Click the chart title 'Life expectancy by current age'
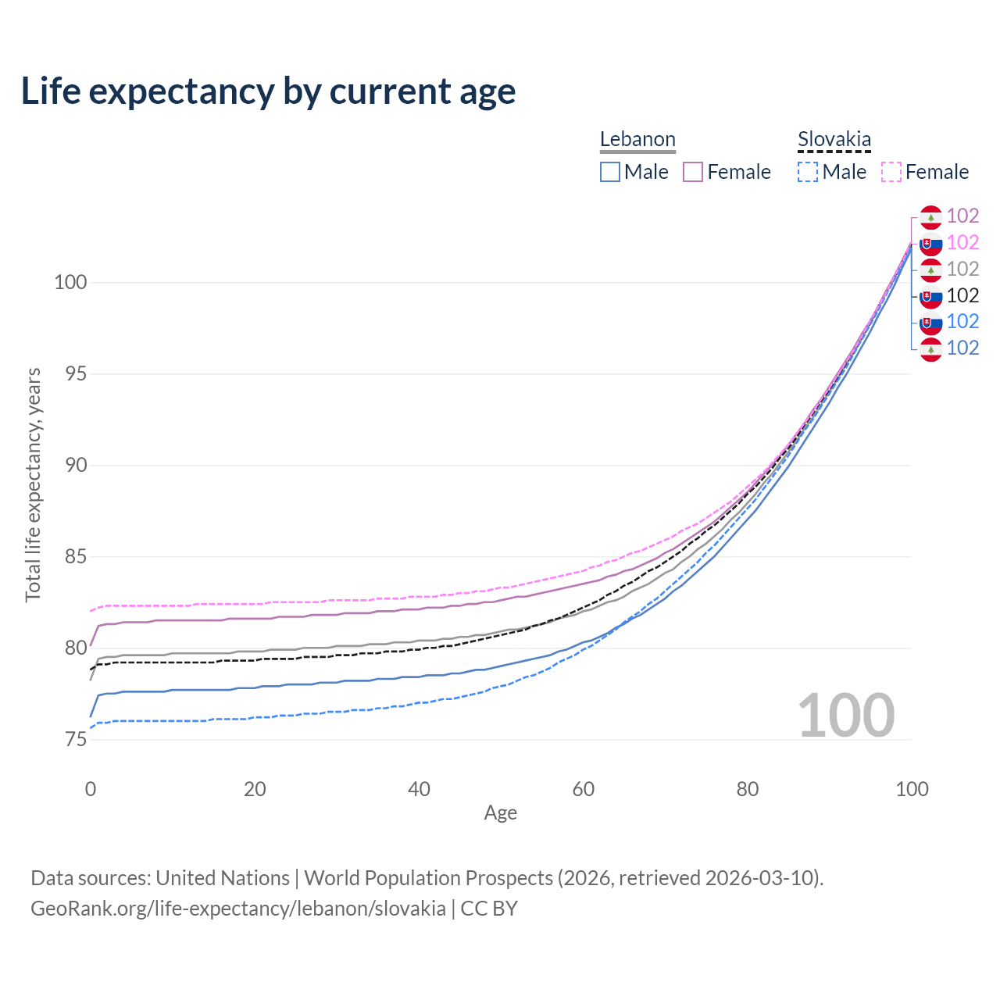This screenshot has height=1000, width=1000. [x=268, y=91]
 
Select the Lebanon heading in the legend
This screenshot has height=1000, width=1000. [x=637, y=140]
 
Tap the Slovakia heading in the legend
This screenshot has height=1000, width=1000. [x=834, y=140]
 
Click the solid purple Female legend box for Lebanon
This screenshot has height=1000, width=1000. [x=693, y=172]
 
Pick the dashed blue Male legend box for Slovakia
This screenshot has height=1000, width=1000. [x=808, y=172]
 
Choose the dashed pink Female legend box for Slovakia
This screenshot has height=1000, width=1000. [x=891, y=172]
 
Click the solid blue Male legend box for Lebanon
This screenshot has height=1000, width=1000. [x=610, y=172]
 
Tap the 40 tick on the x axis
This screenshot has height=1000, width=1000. [x=419, y=789]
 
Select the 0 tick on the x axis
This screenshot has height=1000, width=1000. [x=91, y=789]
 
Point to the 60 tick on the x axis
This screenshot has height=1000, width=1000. [x=584, y=789]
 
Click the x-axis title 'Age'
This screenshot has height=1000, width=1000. [x=500, y=813]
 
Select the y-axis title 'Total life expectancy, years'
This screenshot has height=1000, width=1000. [x=33, y=484]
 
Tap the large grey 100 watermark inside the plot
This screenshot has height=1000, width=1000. [x=845, y=716]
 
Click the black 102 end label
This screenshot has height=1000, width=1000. [x=962, y=295]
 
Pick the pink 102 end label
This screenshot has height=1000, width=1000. [x=962, y=242]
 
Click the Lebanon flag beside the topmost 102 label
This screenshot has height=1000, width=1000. [x=930, y=216]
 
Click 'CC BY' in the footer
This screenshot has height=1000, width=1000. [x=489, y=909]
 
